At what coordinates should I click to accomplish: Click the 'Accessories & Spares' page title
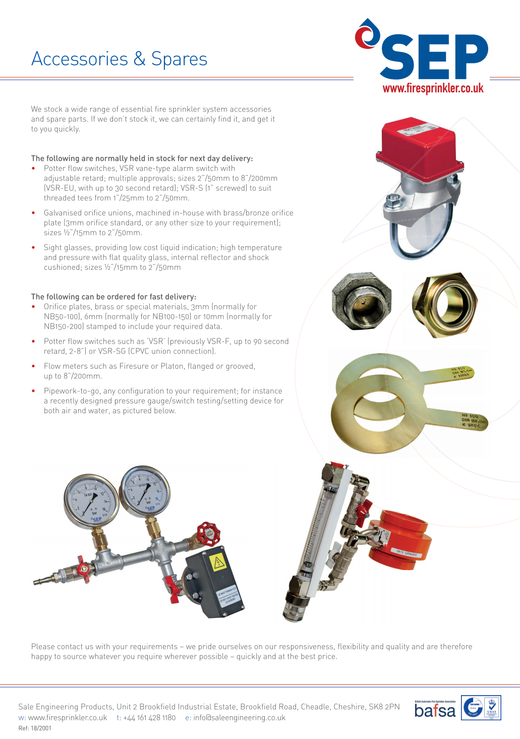pyautogui.click(x=119, y=59)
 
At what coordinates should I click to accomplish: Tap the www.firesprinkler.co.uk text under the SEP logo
pyautogui.click(x=433, y=89)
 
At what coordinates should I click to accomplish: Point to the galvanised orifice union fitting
pyautogui.click(x=362, y=301)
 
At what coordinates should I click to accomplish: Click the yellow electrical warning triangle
pyautogui.click(x=220, y=561)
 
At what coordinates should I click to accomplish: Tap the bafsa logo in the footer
pyautogui.click(x=435, y=709)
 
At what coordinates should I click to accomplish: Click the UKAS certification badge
pyautogui.click(x=491, y=707)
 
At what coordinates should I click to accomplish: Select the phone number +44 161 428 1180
pyautogui.click(x=149, y=717)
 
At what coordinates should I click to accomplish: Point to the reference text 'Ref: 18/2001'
pyautogui.click(x=35, y=728)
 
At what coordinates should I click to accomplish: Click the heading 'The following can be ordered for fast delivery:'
pyautogui.click(x=113, y=297)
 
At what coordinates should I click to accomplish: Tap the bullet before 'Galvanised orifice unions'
pyautogui.click(x=33, y=213)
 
